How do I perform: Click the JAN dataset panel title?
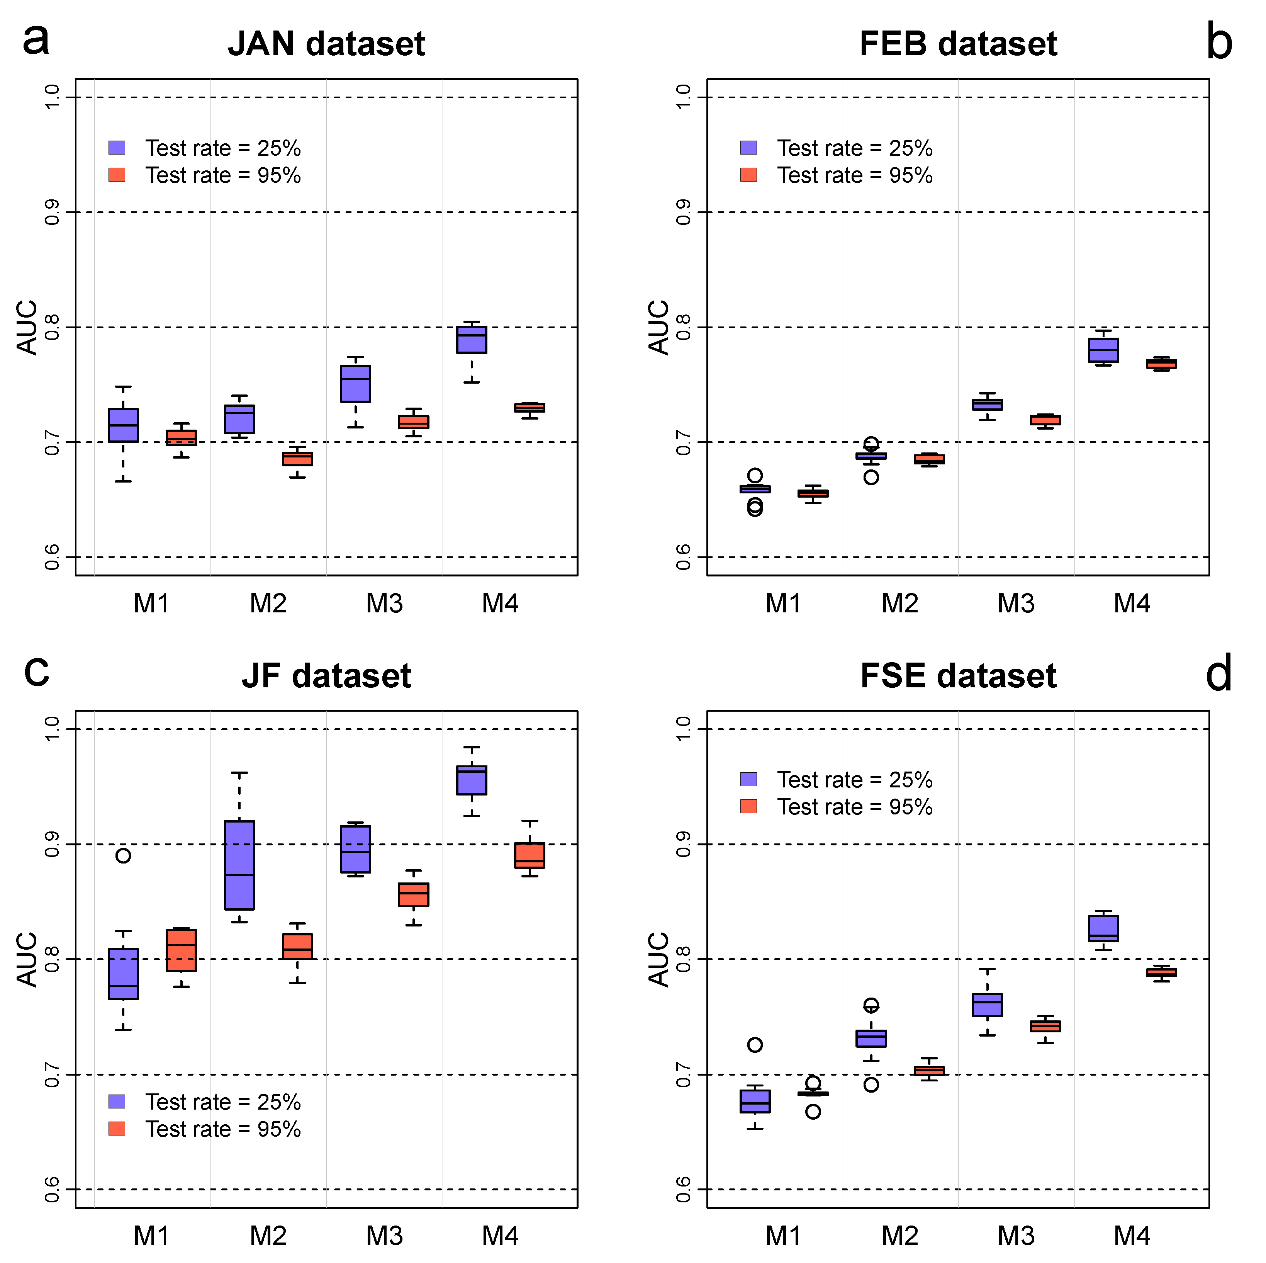point(326,44)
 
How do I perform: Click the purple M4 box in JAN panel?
point(472,340)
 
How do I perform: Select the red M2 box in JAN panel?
point(297,459)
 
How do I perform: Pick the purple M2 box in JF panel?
point(239,865)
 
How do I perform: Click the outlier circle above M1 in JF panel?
point(123,855)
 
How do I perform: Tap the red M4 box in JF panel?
point(529,855)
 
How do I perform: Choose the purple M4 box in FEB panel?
point(1103,350)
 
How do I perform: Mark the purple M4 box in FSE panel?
point(1103,928)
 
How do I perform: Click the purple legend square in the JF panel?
point(117,1101)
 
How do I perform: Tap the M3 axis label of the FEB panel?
point(1016,603)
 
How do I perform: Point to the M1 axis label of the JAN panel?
point(151,603)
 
